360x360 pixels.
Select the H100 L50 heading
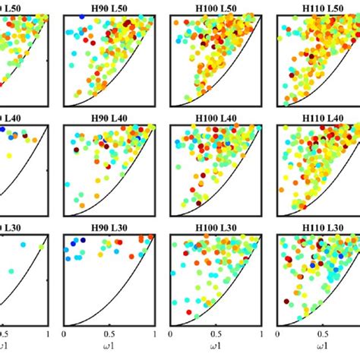point(217,6)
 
